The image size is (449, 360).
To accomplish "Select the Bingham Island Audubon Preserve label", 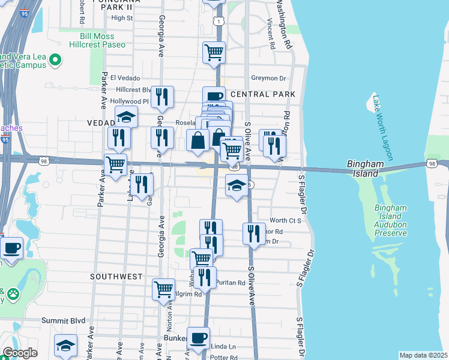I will (391, 220).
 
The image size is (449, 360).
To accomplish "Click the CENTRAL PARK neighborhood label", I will (262, 95).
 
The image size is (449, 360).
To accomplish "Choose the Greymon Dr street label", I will (269, 78).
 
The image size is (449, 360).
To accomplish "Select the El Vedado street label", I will (125, 78).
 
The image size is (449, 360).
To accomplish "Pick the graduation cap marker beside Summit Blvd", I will (65, 344).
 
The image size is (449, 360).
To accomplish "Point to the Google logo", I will (20, 353).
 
